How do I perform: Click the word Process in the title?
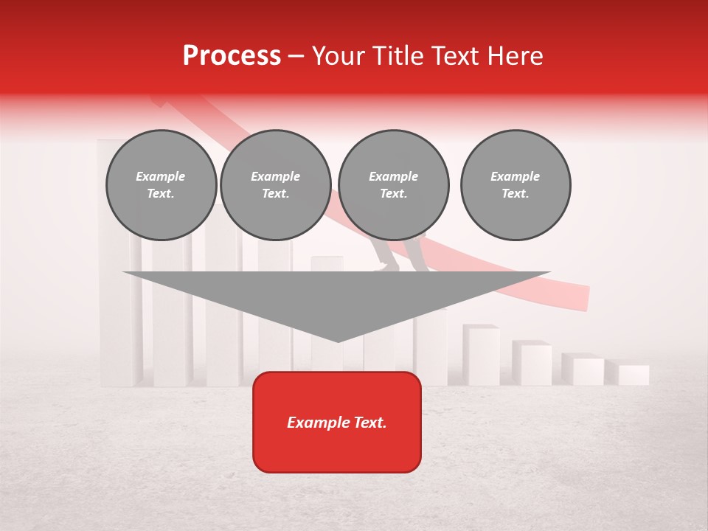tap(232, 56)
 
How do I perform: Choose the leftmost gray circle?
tap(162, 185)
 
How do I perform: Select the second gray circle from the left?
tap(276, 185)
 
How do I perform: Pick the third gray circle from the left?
tap(394, 185)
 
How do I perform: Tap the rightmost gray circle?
tap(516, 185)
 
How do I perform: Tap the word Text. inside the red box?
tap(368, 423)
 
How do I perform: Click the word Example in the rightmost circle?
tap(516, 176)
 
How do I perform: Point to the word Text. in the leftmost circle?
tap(162, 194)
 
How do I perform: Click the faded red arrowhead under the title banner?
tap(158, 100)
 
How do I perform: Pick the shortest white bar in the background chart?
tap(634, 375)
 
